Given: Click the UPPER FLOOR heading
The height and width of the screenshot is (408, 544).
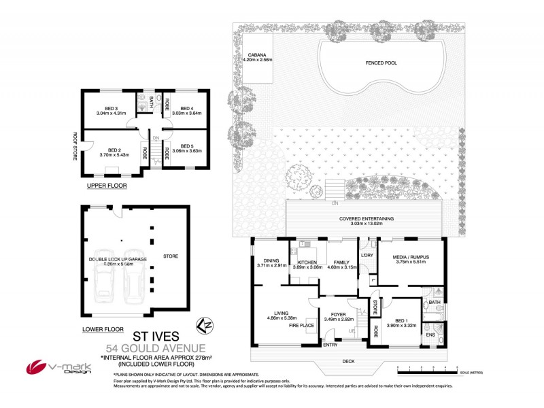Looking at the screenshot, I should (106, 185).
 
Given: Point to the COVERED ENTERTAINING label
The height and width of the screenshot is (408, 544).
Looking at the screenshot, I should (367, 218).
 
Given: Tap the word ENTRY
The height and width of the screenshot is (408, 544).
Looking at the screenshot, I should (331, 345).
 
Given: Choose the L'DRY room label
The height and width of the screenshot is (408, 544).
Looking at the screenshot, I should (368, 255).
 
